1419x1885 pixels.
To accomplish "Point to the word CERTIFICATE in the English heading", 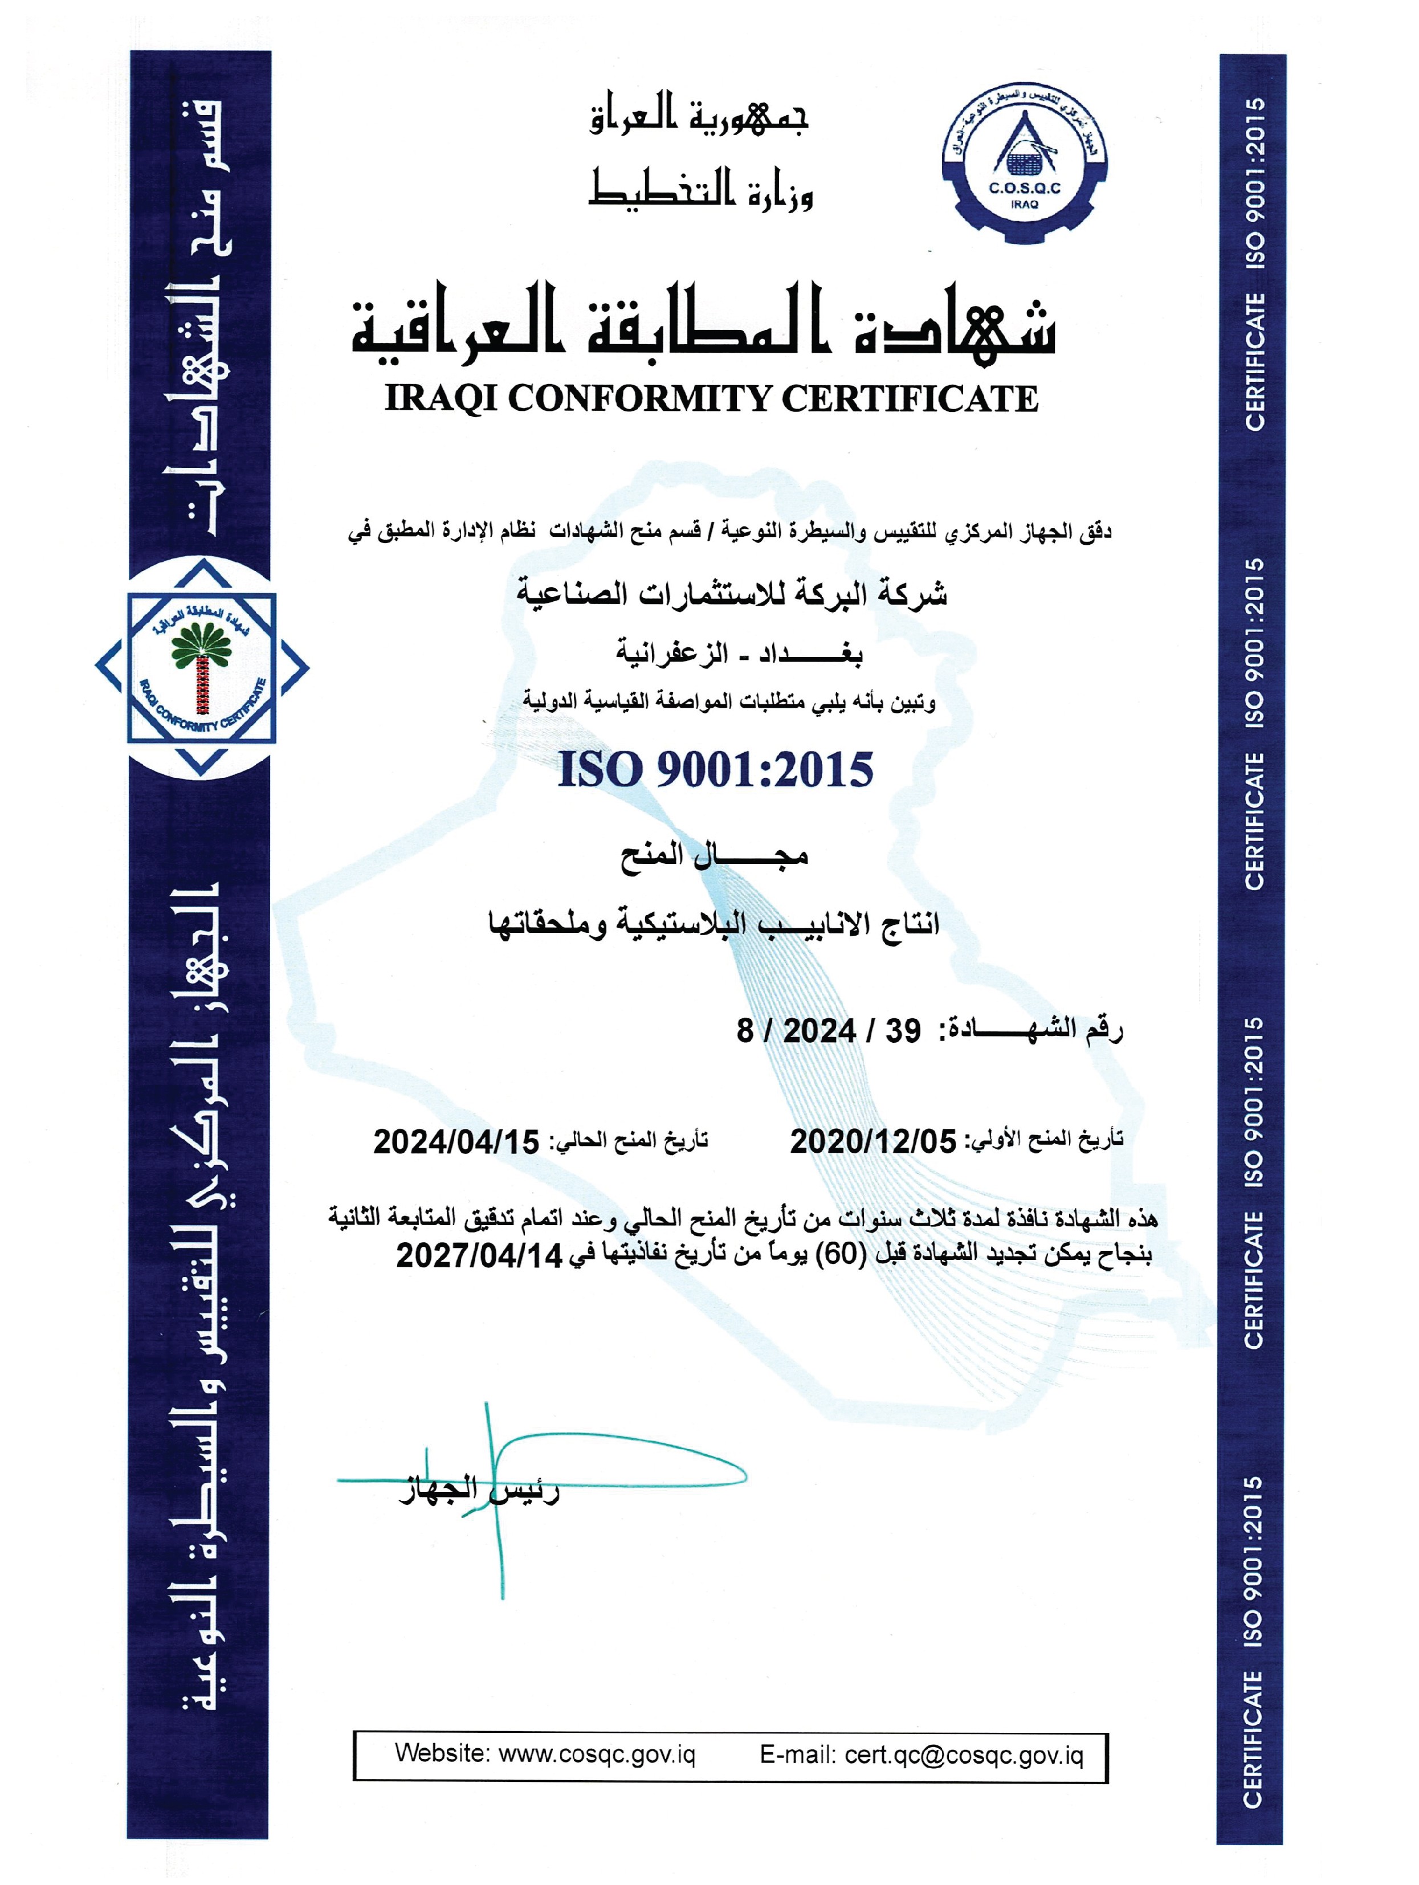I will click(x=910, y=399).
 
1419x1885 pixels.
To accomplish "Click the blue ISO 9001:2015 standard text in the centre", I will click(x=715, y=769).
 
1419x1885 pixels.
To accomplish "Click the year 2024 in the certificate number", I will click(x=819, y=1031).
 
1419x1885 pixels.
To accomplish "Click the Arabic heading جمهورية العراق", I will click(x=699, y=117).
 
